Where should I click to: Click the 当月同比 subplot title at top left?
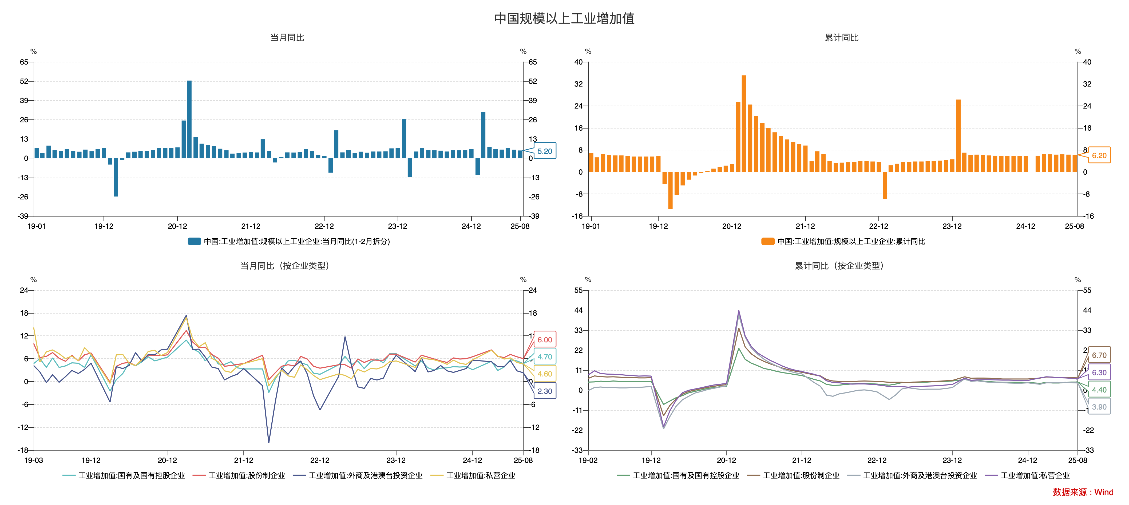(287, 38)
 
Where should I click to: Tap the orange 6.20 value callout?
(1099, 155)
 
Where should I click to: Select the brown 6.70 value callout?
(1099, 355)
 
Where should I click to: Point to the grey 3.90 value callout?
(1099, 407)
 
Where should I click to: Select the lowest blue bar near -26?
(116, 177)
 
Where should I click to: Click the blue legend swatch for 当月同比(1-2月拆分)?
(194, 241)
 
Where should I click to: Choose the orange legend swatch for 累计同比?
(767, 241)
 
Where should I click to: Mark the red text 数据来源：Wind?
(1083, 492)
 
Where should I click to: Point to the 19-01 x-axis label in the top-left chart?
(36, 226)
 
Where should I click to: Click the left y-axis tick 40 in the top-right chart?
(579, 62)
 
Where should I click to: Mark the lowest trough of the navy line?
(269, 442)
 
